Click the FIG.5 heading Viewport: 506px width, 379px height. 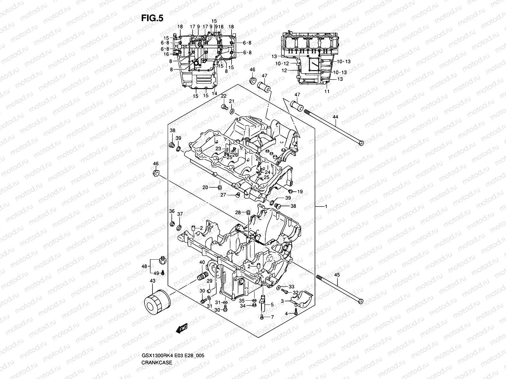pyautogui.click(x=152, y=18)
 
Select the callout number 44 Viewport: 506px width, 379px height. pyautogui.click(x=335, y=117)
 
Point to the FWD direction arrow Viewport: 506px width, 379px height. pyautogui.click(x=182, y=329)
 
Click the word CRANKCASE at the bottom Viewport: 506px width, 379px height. pyautogui.click(x=157, y=345)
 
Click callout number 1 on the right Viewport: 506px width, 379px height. pyautogui.click(x=326, y=207)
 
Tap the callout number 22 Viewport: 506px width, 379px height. pyautogui.click(x=224, y=96)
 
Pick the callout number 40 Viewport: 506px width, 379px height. pyautogui.click(x=202, y=262)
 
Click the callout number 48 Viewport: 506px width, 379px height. pyautogui.click(x=144, y=266)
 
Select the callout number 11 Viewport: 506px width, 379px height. pyautogui.click(x=327, y=91)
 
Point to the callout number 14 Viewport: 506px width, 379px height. pyautogui.click(x=214, y=93)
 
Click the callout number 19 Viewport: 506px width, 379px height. pyautogui.click(x=300, y=191)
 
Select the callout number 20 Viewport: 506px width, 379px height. pyautogui.click(x=205, y=188)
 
